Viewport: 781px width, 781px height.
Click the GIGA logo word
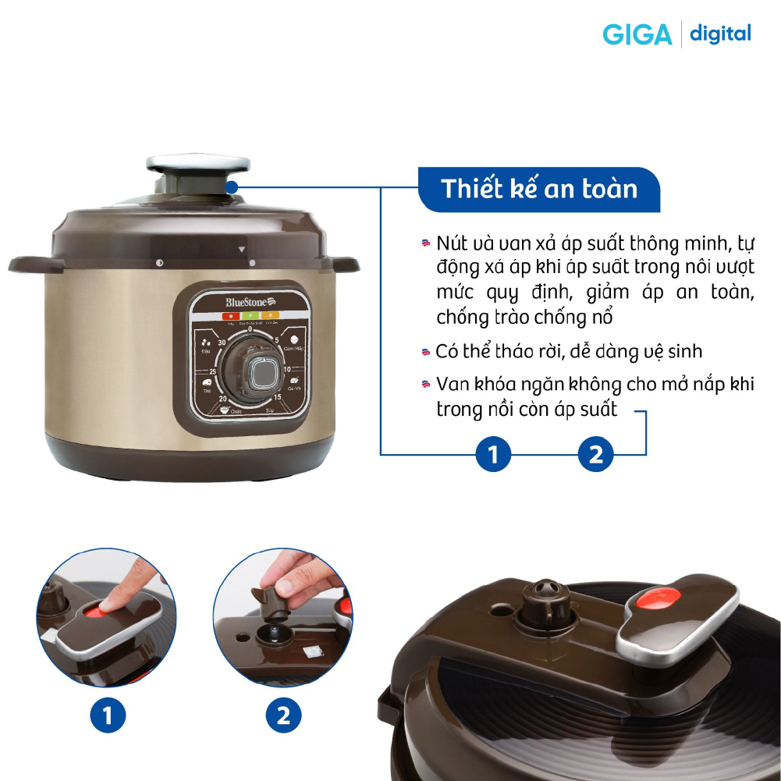pos(637,35)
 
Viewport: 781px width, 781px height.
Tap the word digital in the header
pos(720,34)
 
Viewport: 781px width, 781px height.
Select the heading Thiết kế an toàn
pos(538,189)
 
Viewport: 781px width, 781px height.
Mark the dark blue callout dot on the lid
pos(232,187)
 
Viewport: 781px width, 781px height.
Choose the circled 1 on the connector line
pos(493,454)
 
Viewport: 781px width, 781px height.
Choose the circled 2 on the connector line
pos(595,454)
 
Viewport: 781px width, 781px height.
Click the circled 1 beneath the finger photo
pos(108,715)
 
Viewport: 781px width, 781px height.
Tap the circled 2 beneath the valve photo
pos(282,715)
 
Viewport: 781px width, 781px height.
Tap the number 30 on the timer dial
pos(222,343)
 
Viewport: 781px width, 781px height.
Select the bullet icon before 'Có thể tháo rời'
pos(425,352)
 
